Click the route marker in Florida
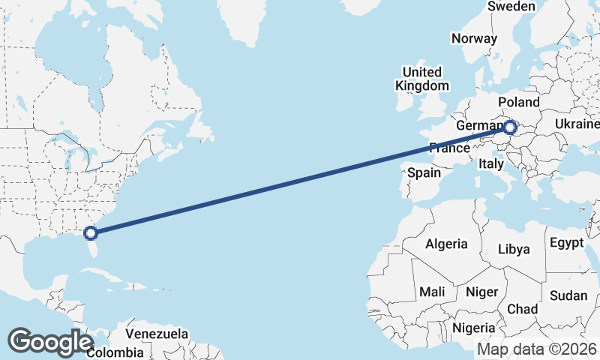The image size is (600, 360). tap(91, 233)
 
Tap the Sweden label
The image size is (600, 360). tap(511, 7)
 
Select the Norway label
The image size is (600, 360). tap(474, 39)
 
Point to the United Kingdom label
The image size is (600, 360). tap(421, 79)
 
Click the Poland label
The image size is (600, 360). tap(517, 102)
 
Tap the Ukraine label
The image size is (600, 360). tap(577, 124)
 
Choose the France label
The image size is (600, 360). tap(449, 148)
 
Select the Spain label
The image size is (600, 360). tap(424, 172)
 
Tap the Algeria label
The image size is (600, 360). tap(446, 244)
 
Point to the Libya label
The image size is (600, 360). tap(514, 249)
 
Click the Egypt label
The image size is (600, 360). tap(566, 243)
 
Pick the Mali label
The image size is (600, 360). tap(432, 291)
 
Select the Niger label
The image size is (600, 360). tap(482, 292)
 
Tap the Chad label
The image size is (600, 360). tap(523, 309)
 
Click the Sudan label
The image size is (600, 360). tap(568, 295)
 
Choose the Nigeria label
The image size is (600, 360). tap(474, 328)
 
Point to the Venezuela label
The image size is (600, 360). tap(157, 333)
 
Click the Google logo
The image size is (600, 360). tap(50, 342)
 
